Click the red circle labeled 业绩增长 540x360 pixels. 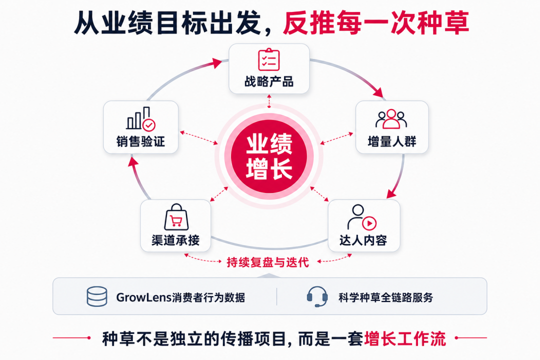click(x=269, y=156)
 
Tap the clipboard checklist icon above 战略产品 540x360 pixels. click(x=269, y=59)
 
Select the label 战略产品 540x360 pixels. click(x=269, y=81)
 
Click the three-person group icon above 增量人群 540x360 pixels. click(x=391, y=119)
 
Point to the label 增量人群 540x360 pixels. click(x=392, y=141)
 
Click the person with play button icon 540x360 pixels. click(x=361, y=217)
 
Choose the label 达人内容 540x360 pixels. click(x=363, y=240)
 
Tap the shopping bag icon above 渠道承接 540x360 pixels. click(x=176, y=217)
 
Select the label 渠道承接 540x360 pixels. click(x=175, y=240)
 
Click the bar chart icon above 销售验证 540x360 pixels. click(x=141, y=119)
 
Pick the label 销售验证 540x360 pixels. click(x=140, y=141)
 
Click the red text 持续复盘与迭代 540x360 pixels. click(x=268, y=262)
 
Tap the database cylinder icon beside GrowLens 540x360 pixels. click(x=97, y=296)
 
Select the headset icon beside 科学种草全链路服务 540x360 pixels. click(x=317, y=296)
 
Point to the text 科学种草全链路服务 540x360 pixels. click(x=385, y=297)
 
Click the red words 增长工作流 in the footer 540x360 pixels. click(x=405, y=338)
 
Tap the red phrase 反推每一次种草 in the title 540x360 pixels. click(x=376, y=23)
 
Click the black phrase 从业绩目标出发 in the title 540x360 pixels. click(x=167, y=23)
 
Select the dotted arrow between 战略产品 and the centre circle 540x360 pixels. click(x=269, y=101)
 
